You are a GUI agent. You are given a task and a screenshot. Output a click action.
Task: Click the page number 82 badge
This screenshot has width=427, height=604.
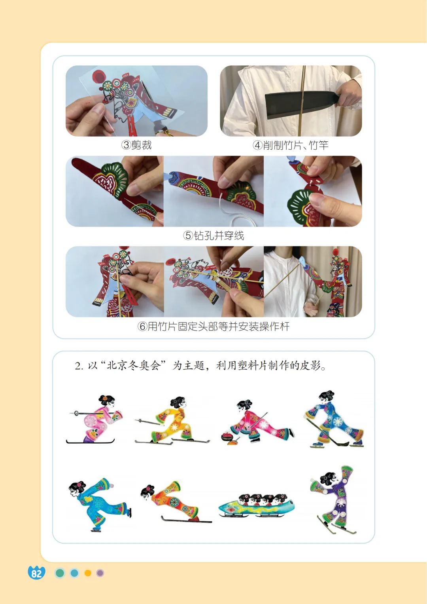coord(36,573)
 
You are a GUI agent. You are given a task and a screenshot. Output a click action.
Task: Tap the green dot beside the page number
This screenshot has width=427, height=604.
coord(60,573)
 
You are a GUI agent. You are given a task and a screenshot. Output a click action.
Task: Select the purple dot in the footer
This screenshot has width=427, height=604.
coord(100,573)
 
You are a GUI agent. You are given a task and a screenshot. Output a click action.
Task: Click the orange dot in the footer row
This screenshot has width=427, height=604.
coord(88,573)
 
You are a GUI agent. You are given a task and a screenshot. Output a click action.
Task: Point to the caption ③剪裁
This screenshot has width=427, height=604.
coord(136,145)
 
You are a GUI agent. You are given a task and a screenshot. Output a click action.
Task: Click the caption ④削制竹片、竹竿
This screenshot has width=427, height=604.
coord(291,145)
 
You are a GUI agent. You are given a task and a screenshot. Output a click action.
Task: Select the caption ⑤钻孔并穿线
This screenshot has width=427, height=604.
coord(213,236)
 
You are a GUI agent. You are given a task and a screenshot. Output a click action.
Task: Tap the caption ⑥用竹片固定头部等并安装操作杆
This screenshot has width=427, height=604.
coord(213,327)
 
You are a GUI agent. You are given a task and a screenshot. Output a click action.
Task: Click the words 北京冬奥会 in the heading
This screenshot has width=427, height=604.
coord(134,366)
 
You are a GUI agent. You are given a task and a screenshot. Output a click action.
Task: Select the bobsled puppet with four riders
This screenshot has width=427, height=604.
coord(256,506)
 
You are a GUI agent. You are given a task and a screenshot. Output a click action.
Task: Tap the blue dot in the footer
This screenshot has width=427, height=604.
coord(74,573)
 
